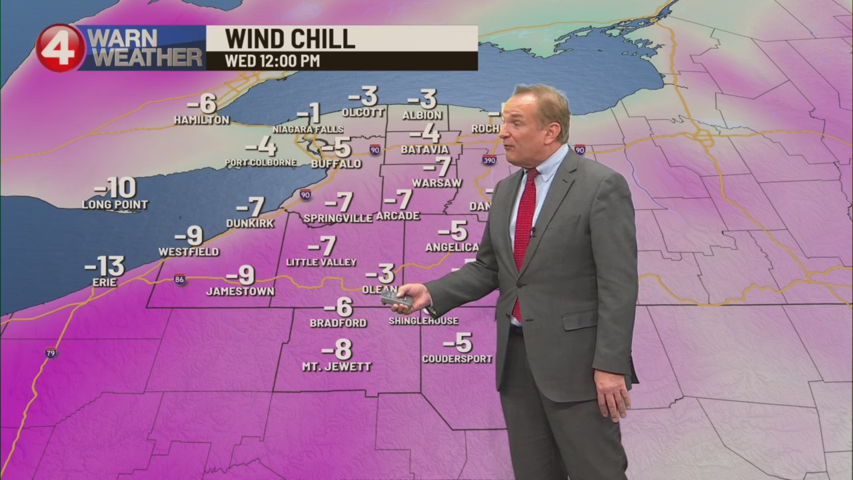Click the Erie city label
tap(105, 283)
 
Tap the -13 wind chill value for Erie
tap(105, 266)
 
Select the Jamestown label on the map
tap(240, 291)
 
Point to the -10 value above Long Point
tap(115, 188)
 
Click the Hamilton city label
tap(201, 120)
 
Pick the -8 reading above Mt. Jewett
tap(337, 349)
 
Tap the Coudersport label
tap(457, 359)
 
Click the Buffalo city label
tap(336, 163)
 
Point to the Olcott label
tap(363, 113)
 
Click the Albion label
tap(422, 115)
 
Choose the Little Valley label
tap(321, 262)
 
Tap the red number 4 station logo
tap(60, 48)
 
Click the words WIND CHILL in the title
tap(290, 39)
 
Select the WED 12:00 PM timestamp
tap(272, 61)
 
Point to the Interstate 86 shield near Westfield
tap(179, 279)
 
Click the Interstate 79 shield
tap(51, 353)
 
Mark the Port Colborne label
tap(261, 162)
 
